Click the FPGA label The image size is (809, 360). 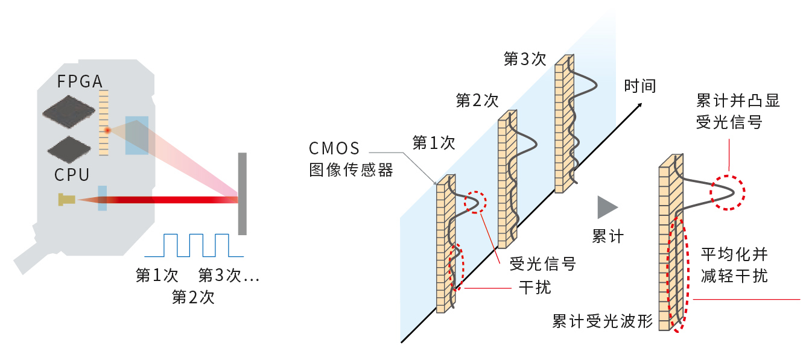pyautogui.click(x=80, y=81)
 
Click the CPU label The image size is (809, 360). pyautogui.click(x=72, y=175)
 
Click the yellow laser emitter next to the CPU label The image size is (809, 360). pyautogui.click(x=66, y=199)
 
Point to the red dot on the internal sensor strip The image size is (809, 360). pyautogui.click(x=107, y=130)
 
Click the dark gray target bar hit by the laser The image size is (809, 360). pyautogui.click(x=242, y=194)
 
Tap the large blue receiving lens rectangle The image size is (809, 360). pyautogui.click(x=136, y=136)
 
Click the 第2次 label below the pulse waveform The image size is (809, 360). pyautogui.click(x=193, y=297)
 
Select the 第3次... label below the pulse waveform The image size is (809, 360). pyautogui.click(x=228, y=276)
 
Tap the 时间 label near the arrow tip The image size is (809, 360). pyautogui.click(x=639, y=86)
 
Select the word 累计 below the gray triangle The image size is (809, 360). pyautogui.click(x=608, y=237)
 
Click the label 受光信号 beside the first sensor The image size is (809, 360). pyautogui.click(x=542, y=264)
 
